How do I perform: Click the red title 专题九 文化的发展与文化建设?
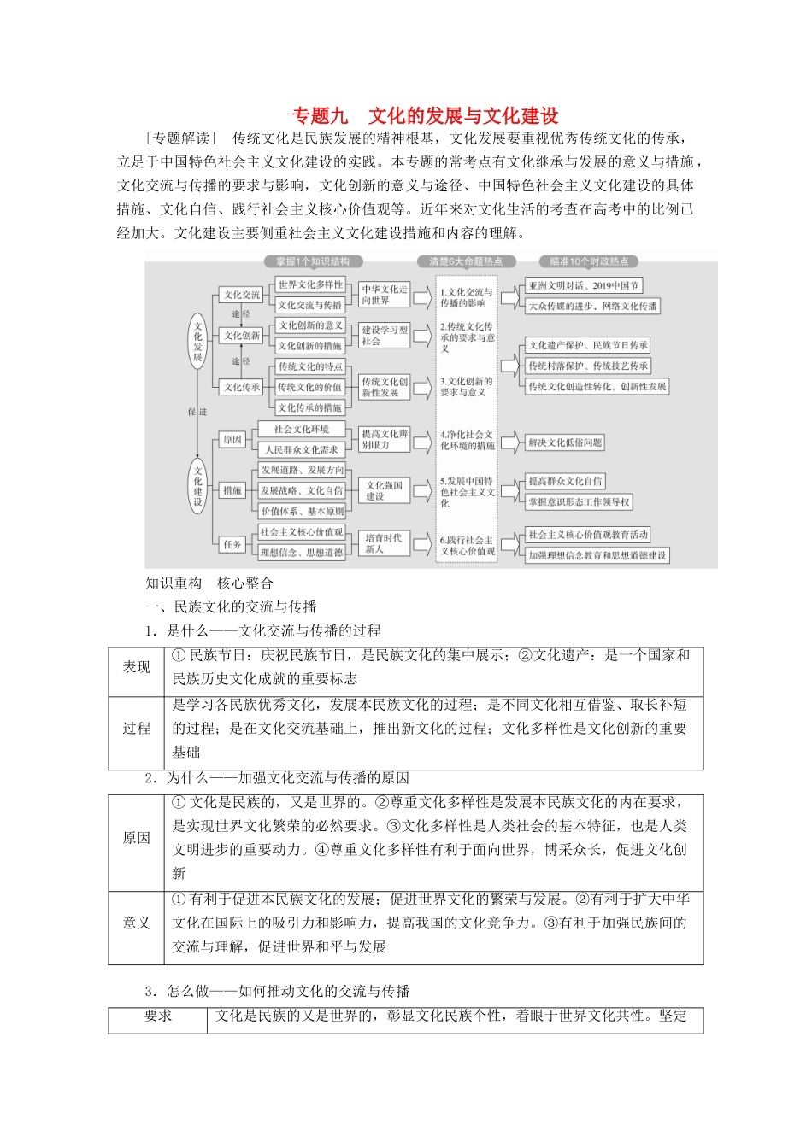click(x=426, y=116)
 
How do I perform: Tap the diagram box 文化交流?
click(x=242, y=295)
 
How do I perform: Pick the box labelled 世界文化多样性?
click(x=309, y=284)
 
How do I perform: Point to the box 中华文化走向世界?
click(x=384, y=295)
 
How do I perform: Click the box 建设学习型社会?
click(x=384, y=335)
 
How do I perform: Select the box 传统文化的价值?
click(x=309, y=387)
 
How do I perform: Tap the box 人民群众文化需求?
click(x=301, y=449)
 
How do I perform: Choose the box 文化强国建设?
click(x=384, y=490)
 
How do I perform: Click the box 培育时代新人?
click(x=383, y=543)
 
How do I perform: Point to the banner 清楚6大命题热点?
click(x=466, y=261)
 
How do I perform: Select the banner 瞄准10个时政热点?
click(x=589, y=261)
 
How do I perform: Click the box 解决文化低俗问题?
click(x=565, y=442)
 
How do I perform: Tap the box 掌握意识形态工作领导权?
click(x=579, y=502)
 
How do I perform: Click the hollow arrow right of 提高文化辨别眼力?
click(x=422, y=440)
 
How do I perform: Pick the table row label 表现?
click(x=137, y=667)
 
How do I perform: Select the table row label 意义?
click(x=137, y=922)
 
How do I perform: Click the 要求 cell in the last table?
click(x=158, y=1016)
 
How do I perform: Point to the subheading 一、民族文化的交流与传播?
click(x=231, y=606)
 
